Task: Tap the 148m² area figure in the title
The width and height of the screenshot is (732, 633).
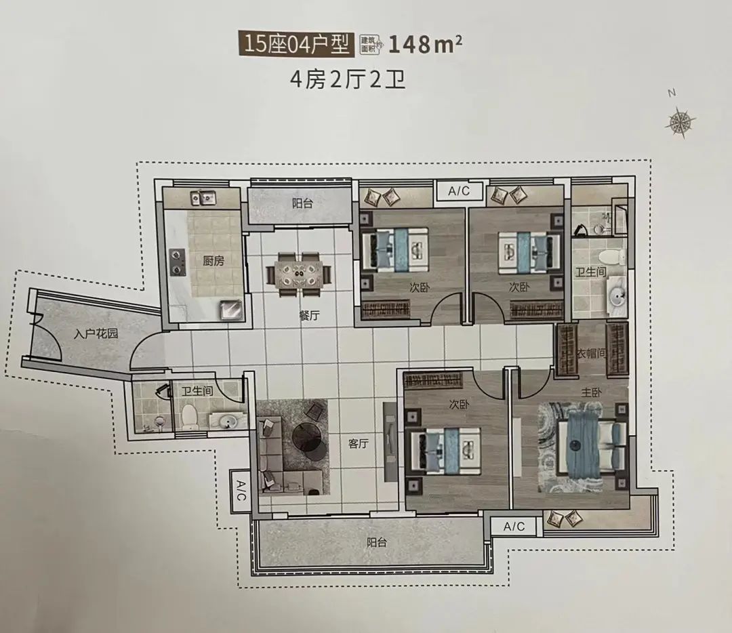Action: click(x=425, y=45)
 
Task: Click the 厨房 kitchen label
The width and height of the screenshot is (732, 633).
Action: click(x=213, y=260)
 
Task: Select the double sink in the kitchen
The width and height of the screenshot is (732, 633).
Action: click(x=203, y=199)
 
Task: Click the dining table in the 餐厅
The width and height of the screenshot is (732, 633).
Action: click(x=298, y=274)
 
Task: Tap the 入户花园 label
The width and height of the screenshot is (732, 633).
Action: click(x=96, y=333)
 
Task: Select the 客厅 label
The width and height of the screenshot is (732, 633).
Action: click(x=359, y=443)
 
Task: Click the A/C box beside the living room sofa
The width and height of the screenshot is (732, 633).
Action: click(x=241, y=491)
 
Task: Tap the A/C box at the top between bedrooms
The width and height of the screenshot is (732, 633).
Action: click(x=458, y=191)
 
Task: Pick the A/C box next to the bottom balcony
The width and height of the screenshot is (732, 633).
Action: click(x=514, y=527)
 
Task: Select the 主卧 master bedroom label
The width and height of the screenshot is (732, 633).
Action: click(x=591, y=392)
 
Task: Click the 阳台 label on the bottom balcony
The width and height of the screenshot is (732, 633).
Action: click(x=377, y=542)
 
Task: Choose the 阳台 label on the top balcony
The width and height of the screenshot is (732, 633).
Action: click(x=302, y=203)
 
